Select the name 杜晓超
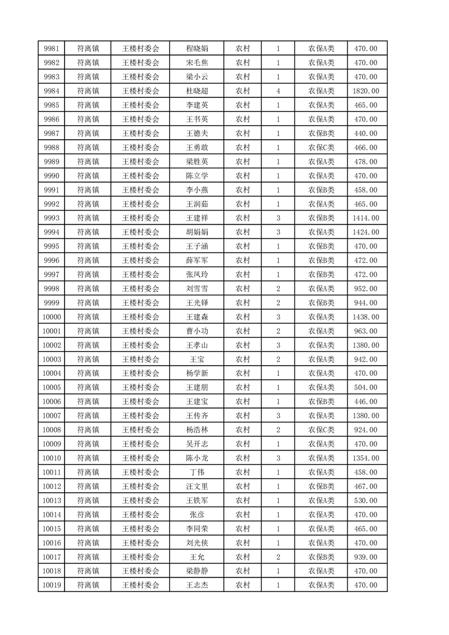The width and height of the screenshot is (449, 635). pyautogui.click(x=197, y=91)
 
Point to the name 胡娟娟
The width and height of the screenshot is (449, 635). pyautogui.click(x=197, y=232)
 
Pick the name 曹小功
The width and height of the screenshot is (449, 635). pyautogui.click(x=197, y=331)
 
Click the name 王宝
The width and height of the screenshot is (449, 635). pyautogui.click(x=197, y=359)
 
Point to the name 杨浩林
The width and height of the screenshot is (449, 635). pyautogui.click(x=197, y=430)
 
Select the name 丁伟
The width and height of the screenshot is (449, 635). pyautogui.click(x=197, y=473)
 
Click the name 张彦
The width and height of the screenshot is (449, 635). pyautogui.click(x=197, y=515)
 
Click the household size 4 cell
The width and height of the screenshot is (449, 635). pyautogui.click(x=278, y=91)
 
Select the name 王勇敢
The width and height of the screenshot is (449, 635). pyautogui.click(x=197, y=148)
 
